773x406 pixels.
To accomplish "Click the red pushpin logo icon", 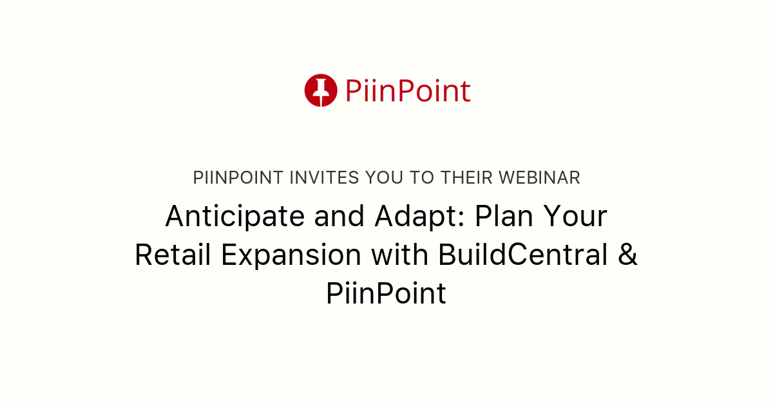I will pos(321,90).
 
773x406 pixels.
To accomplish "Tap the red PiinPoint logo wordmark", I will pos(408,91).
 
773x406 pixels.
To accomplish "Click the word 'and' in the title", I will pos(339,217).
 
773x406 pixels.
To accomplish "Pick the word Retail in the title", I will pos(173,256).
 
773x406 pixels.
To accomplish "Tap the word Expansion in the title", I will pos(291,256).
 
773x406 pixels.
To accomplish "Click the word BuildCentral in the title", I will pos(524,256).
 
